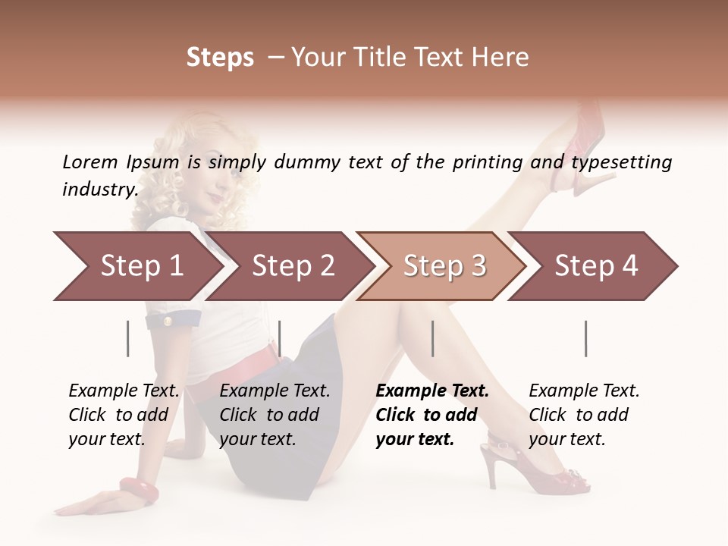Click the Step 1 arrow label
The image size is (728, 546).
click(142, 266)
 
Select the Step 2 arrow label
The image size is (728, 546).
click(293, 266)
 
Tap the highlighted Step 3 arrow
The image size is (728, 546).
click(444, 266)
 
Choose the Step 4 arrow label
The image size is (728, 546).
click(596, 266)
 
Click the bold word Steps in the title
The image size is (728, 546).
click(220, 58)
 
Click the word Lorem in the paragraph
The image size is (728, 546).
click(90, 162)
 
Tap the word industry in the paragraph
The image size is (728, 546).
click(99, 189)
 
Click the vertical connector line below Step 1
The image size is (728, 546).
click(128, 338)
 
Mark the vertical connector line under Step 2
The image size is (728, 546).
click(280, 338)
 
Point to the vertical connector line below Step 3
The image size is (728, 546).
click(433, 338)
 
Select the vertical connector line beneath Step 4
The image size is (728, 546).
click(586, 338)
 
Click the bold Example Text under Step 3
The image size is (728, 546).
click(432, 391)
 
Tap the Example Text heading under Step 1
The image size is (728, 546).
click(124, 391)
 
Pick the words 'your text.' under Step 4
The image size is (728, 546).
click(566, 439)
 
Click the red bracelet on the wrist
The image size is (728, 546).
click(139, 491)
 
